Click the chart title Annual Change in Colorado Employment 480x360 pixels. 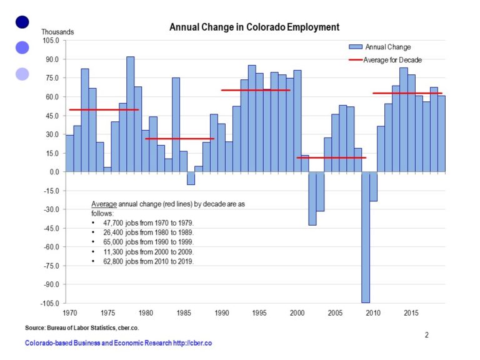click(254, 27)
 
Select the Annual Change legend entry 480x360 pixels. click(387, 47)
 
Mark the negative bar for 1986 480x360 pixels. click(191, 178)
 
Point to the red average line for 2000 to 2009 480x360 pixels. click(331, 157)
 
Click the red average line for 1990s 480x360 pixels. click(256, 90)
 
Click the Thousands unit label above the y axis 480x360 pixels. click(57, 32)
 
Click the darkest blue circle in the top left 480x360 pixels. click(22, 22)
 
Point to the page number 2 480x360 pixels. click(427, 335)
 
